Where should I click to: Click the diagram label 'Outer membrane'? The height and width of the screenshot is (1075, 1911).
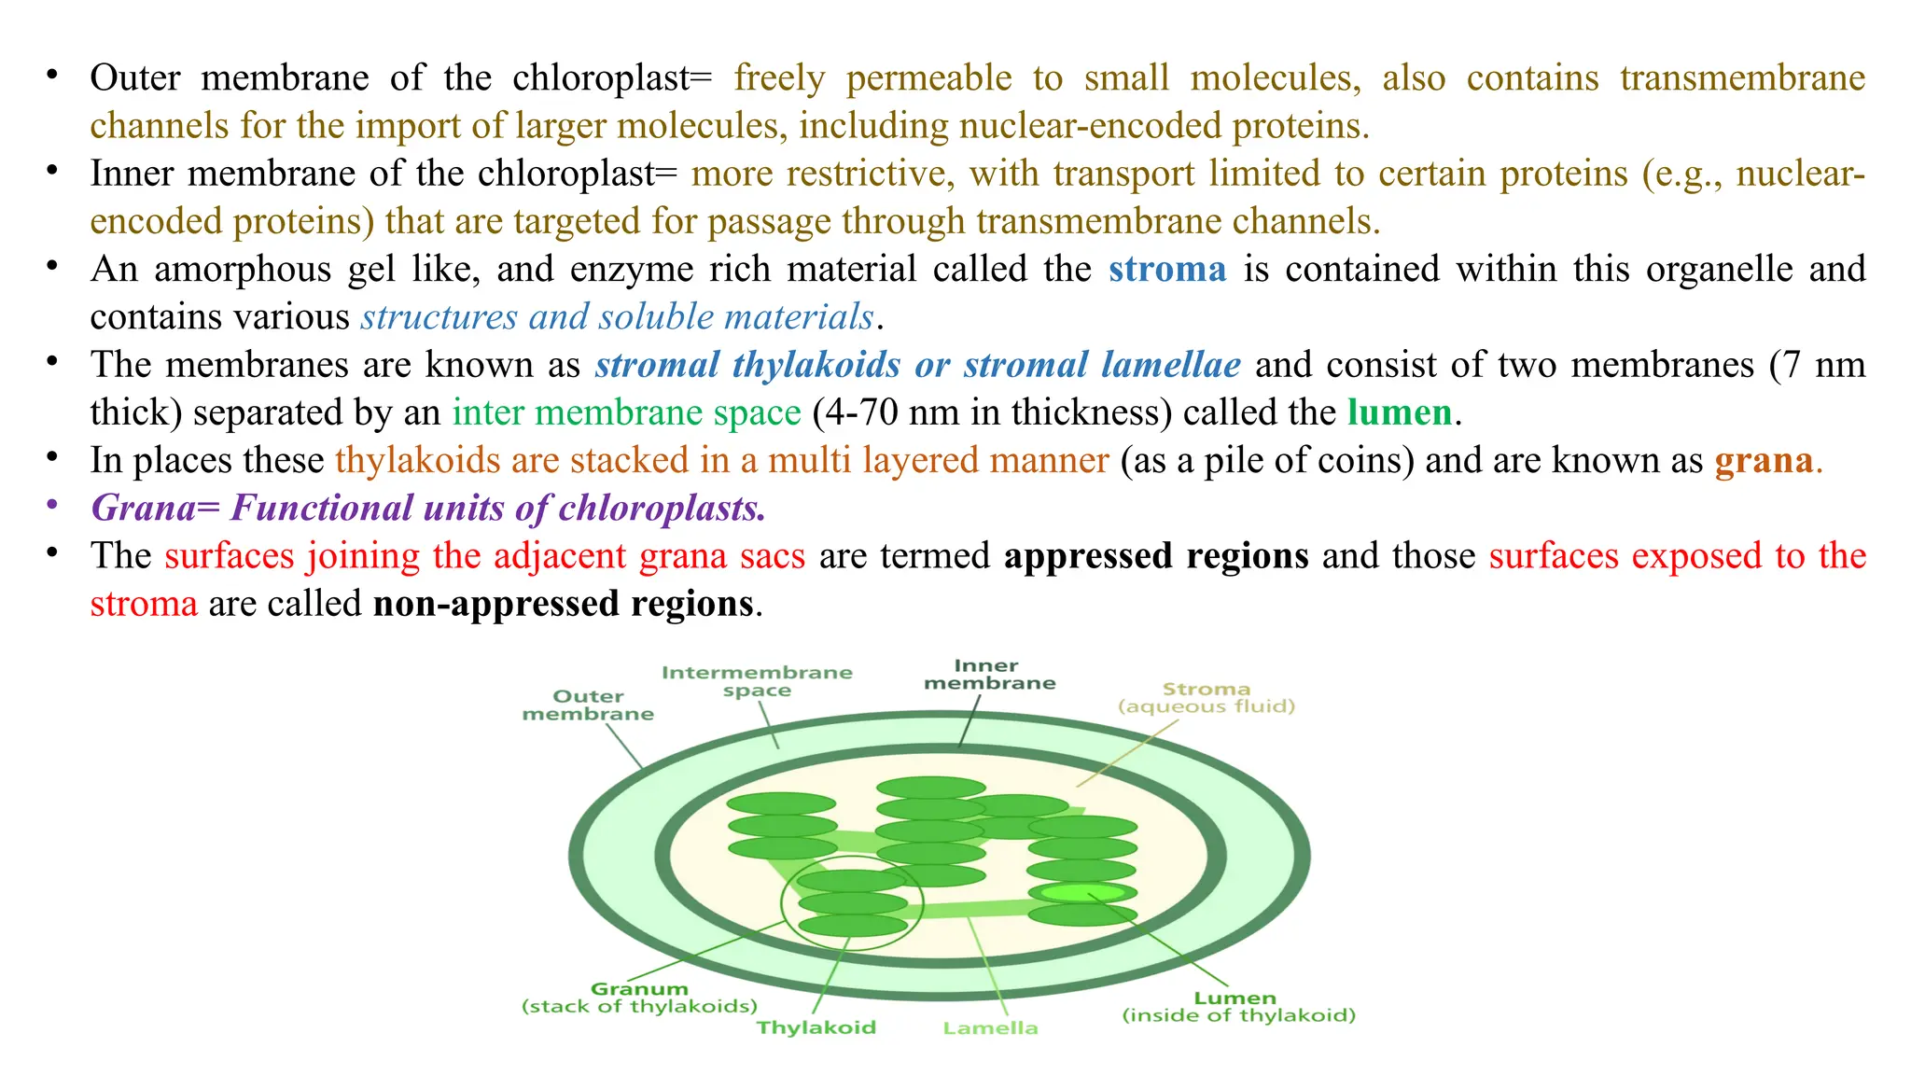point(588,705)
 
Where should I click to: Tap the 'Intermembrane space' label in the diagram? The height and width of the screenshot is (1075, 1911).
point(757,681)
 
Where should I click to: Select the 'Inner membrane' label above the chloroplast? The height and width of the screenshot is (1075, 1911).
point(989,674)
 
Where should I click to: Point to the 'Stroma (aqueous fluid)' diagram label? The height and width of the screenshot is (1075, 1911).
point(1207,697)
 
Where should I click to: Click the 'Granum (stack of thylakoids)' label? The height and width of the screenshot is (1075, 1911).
point(639,997)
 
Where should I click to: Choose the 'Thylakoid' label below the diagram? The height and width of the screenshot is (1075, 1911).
point(816,1027)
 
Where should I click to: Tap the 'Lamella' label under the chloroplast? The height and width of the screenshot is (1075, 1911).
point(990,1027)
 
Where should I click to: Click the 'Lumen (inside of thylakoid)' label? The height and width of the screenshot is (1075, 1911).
point(1237,1006)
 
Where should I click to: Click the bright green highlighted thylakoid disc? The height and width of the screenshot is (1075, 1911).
point(1081,893)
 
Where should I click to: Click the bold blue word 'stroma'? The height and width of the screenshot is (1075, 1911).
point(1167,269)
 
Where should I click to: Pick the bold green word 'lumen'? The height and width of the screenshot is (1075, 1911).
point(1400,412)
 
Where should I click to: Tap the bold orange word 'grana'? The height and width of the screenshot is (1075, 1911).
point(1764,460)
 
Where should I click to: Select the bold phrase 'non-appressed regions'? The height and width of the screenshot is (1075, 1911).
point(564,604)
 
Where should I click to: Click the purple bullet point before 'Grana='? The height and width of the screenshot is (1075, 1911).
point(52,505)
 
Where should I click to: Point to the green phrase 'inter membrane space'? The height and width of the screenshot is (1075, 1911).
point(626,412)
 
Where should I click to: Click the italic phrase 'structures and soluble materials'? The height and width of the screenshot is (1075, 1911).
point(618,317)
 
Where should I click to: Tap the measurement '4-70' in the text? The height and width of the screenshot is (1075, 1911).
point(860,412)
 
